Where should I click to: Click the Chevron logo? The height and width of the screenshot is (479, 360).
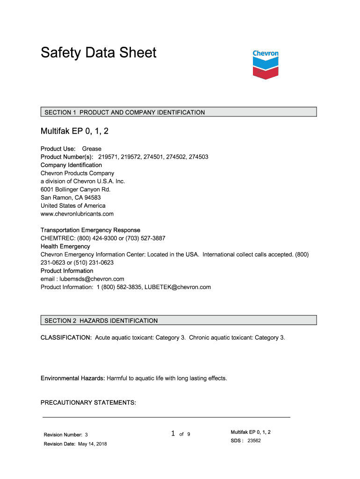(266, 64)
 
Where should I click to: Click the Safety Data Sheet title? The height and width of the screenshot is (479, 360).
(99, 52)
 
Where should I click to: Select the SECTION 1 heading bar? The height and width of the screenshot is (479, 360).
(179, 112)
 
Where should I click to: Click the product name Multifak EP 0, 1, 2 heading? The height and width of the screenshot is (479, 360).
(74, 131)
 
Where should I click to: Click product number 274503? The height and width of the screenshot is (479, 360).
(199, 157)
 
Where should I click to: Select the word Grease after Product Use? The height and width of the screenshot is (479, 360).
(92, 149)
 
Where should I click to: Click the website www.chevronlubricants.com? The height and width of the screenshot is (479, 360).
(77, 214)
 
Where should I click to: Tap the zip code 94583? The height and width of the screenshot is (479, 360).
(92, 197)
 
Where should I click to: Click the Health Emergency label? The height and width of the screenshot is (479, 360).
(65, 247)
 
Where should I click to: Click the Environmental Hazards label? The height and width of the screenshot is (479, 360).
(73, 378)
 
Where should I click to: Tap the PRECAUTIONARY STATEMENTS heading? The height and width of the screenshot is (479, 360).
(88, 402)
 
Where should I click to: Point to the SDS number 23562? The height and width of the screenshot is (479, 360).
(254, 441)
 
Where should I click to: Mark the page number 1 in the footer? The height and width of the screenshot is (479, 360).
(173, 434)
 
